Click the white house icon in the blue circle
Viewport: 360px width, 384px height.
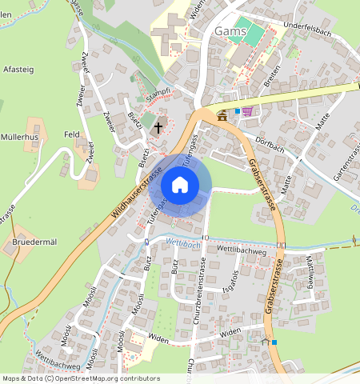click(180, 186)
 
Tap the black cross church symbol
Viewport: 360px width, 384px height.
click(158, 126)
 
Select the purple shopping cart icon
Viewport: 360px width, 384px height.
click(247, 111)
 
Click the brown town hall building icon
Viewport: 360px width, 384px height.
click(221, 116)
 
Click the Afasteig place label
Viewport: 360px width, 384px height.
click(19, 69)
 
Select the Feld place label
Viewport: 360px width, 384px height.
click(71, 135)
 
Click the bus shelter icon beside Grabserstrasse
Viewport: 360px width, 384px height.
click(265, 341)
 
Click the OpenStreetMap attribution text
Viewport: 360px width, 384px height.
click(80, 378)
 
